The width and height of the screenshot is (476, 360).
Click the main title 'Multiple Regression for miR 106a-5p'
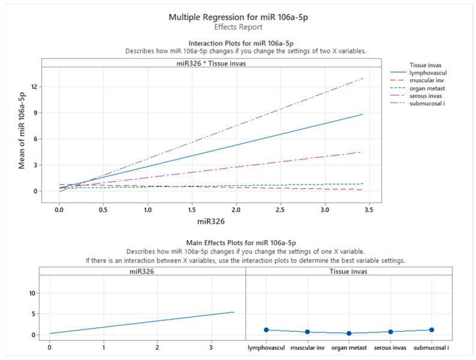pos(237,17)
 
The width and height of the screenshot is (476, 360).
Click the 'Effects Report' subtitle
pos(237,28)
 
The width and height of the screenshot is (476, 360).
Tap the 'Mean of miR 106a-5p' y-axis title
pos(22,130)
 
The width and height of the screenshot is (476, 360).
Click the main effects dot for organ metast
pos(349,334)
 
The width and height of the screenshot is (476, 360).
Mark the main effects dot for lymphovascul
pos(267,330)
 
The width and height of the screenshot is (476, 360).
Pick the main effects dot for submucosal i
pos(432,330)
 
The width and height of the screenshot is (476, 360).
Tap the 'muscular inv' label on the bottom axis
pos(308,348)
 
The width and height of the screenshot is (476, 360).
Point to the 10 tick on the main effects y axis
pos(33,293)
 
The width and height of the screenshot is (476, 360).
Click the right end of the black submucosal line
pos(363,78)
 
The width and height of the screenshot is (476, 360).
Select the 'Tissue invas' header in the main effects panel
pos(349,271)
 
